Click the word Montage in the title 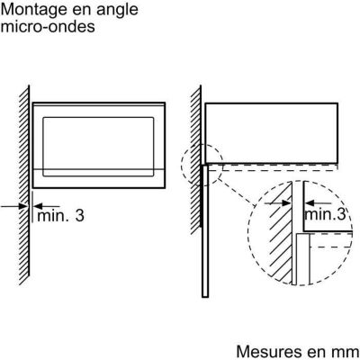pos(34,10)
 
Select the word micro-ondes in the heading pos(48,26)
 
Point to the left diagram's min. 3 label pos(60,215)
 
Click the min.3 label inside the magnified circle pos(325,214)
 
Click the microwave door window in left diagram pos(98,147)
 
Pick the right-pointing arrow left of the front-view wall pos(13,206)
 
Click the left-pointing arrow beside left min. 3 pos(47,206)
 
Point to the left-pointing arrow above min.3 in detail pos(318,203)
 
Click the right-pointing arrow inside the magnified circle pos(277,203)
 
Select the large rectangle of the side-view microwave pos(272,133)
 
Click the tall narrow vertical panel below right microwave pos(205,231)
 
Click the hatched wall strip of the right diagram pos(196,160)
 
